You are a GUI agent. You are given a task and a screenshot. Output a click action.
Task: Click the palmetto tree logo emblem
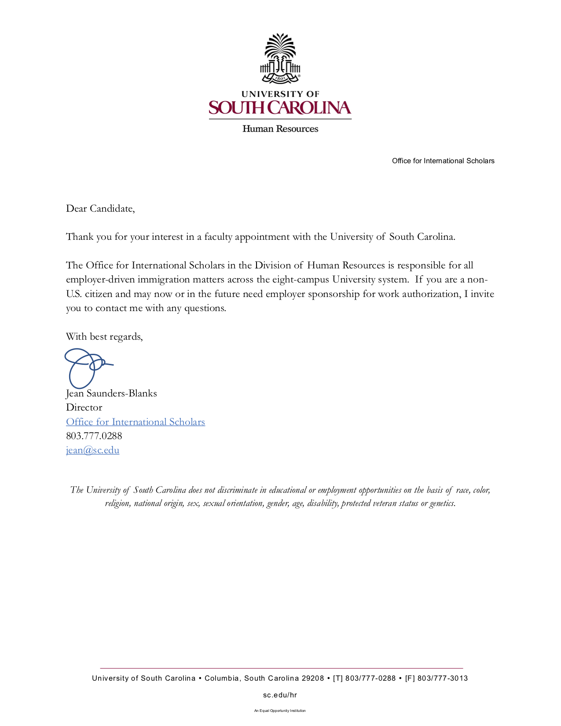tap(280, 58)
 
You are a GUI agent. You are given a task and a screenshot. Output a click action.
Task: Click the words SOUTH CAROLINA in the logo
tap(280, 108)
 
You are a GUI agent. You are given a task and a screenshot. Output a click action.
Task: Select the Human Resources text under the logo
tap(280, 129)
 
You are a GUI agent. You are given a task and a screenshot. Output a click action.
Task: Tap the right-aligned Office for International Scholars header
tap(443, 161)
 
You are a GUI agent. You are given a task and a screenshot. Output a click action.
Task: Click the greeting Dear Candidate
tap(100, 209)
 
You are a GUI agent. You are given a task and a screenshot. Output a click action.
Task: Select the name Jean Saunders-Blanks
tap(111, 393)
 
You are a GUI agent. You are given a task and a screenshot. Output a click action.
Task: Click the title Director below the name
tap(84, 407)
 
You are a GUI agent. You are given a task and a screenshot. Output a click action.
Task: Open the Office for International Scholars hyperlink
tap(136, 422)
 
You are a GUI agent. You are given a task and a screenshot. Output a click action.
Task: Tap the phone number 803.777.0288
tap(94, 436)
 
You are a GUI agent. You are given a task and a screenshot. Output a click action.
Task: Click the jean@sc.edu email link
tap(93, 450)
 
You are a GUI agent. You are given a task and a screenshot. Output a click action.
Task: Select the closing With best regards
tap(104, 337)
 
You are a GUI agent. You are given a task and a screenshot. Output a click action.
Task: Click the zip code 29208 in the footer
tap(313, 678)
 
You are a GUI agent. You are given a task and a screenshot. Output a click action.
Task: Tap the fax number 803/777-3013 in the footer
tap(443, 678)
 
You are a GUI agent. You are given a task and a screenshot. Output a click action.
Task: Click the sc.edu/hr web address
tap(280, 695)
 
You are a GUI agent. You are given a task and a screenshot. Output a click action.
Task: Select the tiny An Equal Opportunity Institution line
tap(280, 711)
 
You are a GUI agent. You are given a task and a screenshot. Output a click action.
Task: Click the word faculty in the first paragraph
tap(218, 237)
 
